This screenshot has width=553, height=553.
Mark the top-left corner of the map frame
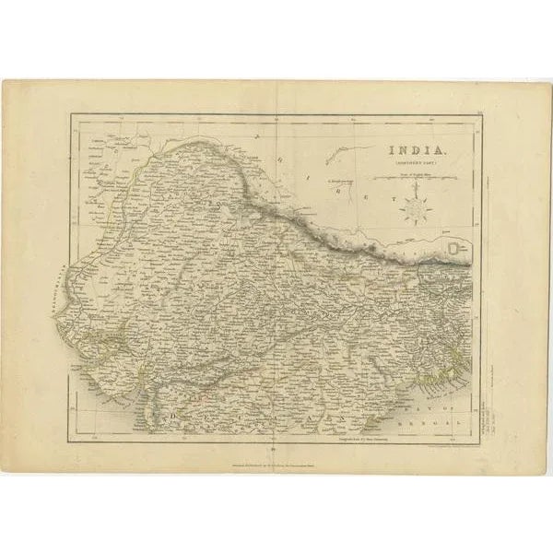point(71,114)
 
